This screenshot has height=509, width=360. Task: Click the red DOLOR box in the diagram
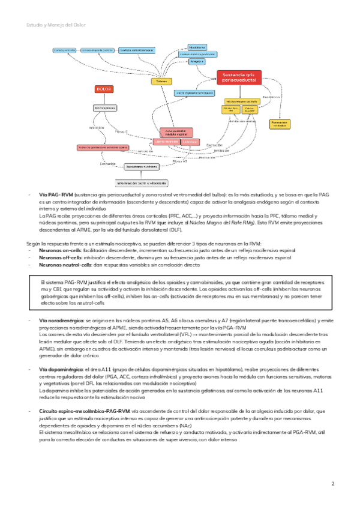coord(104,89)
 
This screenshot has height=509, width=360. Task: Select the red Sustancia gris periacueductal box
coord(239,77)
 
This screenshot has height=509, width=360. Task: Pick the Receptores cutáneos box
coord(141,167)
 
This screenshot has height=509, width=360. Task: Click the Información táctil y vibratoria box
coord(142,182)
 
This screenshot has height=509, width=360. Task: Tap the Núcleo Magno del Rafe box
coord(239,101)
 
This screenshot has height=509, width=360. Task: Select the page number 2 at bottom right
coord(333,483)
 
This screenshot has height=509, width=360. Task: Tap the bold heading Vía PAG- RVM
coord(56,196)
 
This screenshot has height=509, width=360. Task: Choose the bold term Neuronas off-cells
coord(61,256)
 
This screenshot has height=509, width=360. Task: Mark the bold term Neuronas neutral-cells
coord(65,265)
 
